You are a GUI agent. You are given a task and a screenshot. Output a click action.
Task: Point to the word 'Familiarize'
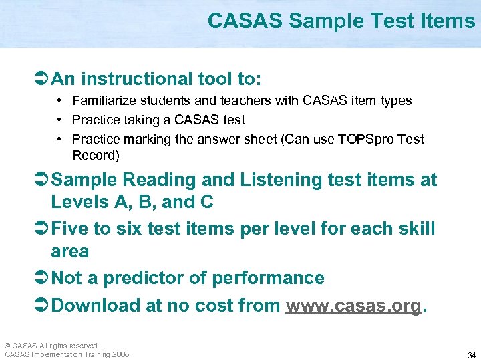(102, 101)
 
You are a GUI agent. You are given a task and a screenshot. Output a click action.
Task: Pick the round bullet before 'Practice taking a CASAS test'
(60, 120)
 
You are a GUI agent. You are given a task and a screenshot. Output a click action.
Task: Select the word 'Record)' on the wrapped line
(96, 156)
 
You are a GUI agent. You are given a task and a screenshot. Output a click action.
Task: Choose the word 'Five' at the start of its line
(70, 229)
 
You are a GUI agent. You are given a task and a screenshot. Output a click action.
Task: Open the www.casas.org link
(353, 306)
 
